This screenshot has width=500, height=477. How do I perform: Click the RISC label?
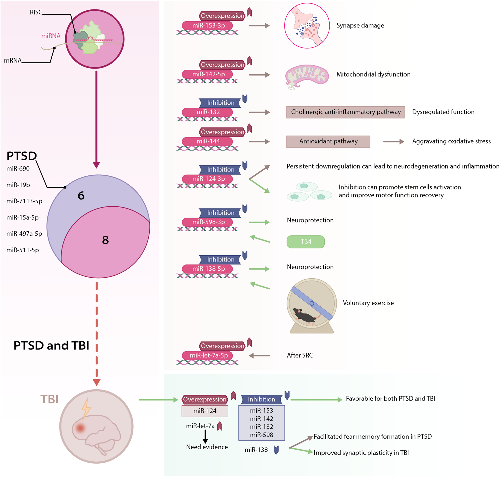(x=36, y=12)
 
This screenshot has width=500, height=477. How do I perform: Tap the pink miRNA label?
(x=51, y=36)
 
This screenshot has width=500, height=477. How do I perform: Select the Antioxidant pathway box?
(x=328, y=141)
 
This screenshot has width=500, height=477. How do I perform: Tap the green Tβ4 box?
(x=305, y=241)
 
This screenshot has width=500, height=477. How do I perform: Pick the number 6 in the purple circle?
(x=81, y=195)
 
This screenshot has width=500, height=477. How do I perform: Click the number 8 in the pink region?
(x=105, y=240)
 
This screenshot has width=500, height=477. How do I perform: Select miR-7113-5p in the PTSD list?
(x=24, y=201)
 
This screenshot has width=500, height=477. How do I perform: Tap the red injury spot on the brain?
(x=80, y=428)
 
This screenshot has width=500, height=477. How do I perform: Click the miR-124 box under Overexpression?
(x=205, y=411)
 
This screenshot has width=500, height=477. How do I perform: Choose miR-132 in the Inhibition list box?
(x=261, y=427)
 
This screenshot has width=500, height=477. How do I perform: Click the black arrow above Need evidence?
(x=205, y=437)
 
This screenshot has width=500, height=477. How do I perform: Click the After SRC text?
(x=300, y=356)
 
